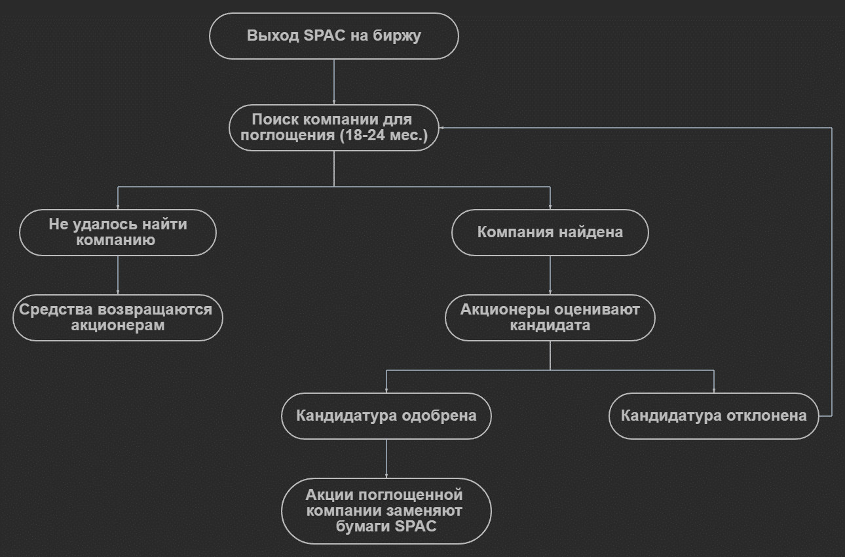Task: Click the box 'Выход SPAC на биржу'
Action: (x=333, y=36)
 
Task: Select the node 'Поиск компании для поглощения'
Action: (x=333, y=128)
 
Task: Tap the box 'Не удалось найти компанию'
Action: (x=118, y=233)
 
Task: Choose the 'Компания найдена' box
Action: (x=550, y=233)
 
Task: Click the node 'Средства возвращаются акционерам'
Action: (x=118, y=318)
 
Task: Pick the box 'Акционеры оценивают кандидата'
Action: (x=550, y=318)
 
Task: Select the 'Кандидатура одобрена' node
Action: (x=386, y=416)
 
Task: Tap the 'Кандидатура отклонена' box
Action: (x=713, y=416)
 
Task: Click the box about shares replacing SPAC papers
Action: (x=386, y=511)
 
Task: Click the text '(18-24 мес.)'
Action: (x=383, y=136)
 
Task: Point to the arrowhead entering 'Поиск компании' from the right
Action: (x=442, y=128)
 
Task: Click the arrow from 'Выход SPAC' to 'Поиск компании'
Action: (x=334, y=82)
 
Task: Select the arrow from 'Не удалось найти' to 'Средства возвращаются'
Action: (x=118, y=275)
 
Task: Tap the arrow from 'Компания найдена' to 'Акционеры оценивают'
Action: (x=550, y=275)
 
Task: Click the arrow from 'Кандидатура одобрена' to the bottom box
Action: (x=386, y=459)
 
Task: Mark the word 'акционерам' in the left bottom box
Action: (x=118, y=326)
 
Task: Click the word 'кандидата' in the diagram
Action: (x=550, y=326)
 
